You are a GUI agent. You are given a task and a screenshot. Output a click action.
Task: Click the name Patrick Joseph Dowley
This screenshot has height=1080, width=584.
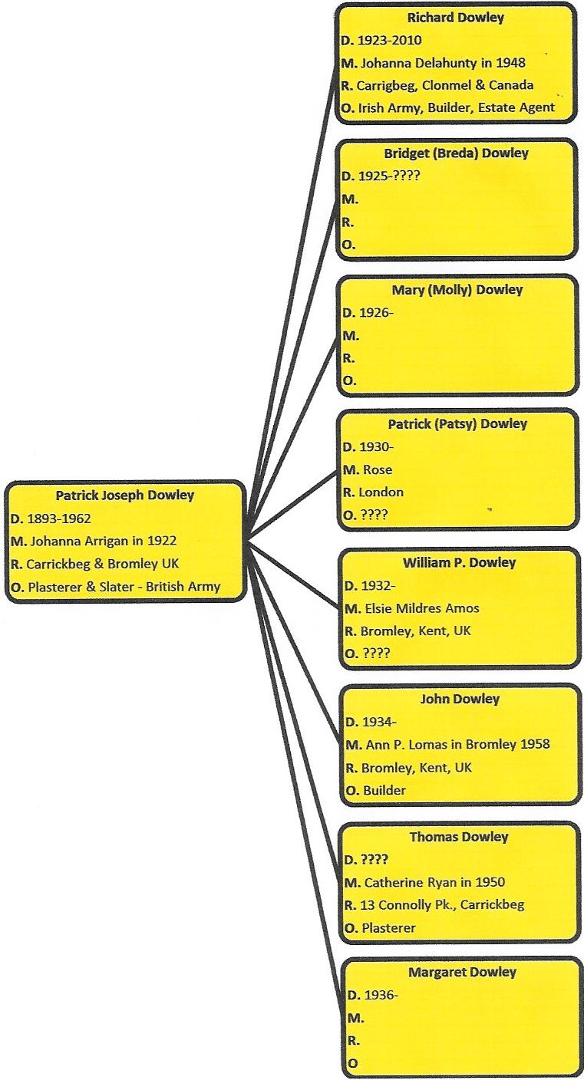point(125,496)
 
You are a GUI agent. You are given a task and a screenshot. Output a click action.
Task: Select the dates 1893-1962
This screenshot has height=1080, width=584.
point(59,519)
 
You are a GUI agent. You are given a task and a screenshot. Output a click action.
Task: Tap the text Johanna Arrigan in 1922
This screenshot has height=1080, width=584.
point(103,541)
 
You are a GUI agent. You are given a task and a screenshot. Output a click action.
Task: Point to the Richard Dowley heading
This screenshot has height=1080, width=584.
point(456,18)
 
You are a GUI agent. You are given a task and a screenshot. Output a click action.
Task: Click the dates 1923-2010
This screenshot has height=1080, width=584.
point(390,40)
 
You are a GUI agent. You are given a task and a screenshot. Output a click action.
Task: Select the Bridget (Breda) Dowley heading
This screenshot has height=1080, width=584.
point(456,153)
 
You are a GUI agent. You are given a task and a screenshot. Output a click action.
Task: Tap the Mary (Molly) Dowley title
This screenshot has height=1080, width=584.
point(457,290)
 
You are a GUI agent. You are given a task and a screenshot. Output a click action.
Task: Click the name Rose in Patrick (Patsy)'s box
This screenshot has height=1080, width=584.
point(378,469)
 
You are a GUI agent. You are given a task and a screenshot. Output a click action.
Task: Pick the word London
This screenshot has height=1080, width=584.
point(381,492)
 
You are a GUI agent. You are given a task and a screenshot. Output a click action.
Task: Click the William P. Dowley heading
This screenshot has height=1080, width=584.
point(459,563)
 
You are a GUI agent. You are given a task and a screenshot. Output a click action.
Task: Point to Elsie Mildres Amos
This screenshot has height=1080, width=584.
point(422,608)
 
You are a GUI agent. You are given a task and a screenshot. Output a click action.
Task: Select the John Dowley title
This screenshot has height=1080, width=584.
point(460,699)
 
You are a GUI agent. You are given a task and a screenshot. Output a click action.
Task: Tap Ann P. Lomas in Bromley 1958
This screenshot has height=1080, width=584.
point(457,745)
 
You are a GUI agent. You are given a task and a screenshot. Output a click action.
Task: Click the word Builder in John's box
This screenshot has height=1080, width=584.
point(384,790)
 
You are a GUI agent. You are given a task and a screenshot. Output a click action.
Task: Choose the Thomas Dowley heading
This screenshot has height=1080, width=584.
point(459,837)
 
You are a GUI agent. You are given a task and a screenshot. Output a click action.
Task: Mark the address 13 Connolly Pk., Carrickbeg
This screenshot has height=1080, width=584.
point(442,905)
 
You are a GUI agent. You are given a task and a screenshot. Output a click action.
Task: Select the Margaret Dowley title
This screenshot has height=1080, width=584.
point(462,972)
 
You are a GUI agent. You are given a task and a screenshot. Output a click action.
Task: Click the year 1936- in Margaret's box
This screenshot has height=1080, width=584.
point(381,995)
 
